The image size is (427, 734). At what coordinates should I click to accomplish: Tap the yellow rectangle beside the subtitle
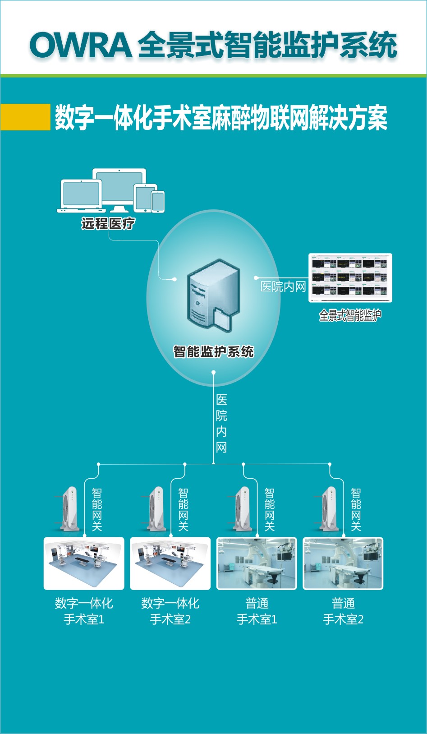25,117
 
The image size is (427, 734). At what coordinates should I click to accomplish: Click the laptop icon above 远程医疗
82,196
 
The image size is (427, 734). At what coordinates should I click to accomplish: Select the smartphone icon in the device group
158,201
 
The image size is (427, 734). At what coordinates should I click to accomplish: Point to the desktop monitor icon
119,189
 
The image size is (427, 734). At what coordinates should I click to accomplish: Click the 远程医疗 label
108,223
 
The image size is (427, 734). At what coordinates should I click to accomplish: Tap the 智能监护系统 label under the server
213,351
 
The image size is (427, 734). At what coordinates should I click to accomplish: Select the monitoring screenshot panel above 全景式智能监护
350,277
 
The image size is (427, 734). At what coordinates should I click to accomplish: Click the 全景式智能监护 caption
350,315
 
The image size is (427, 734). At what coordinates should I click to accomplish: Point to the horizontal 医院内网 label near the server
283,286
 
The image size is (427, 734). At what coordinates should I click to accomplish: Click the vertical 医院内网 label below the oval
221,423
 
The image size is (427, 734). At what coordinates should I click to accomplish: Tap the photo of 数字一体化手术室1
84,563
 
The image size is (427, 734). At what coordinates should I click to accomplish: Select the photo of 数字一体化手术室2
170,563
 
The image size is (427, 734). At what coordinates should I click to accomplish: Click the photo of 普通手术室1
257,563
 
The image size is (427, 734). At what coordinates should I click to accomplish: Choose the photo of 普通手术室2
343,563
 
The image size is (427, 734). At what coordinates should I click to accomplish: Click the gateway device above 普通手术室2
330,508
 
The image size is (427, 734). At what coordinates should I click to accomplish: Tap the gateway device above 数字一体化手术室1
70,508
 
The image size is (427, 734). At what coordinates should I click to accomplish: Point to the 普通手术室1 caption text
257,611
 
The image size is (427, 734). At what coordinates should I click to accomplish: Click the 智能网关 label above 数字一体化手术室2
183,509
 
